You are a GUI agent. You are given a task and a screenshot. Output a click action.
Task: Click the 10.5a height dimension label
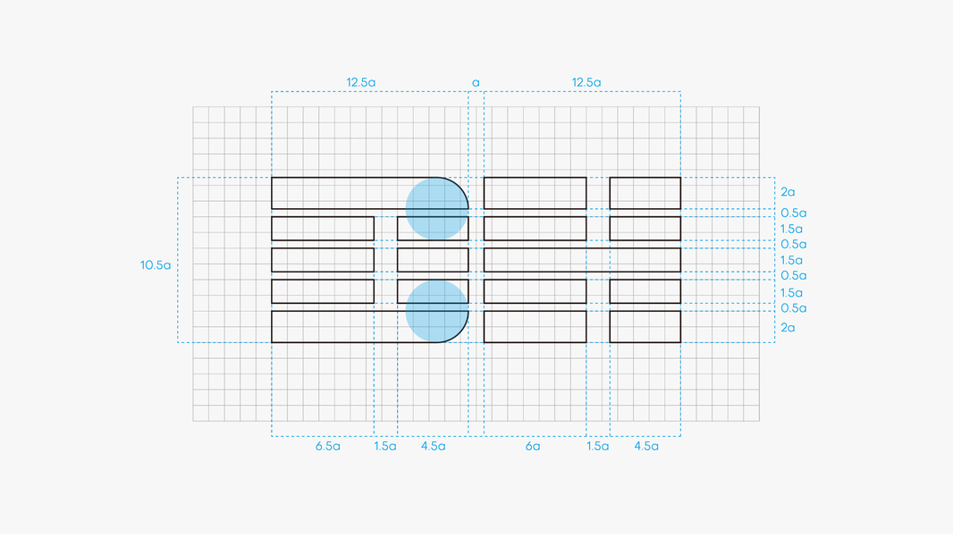(155, 265)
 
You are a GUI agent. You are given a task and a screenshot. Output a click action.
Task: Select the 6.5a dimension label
(327, 446)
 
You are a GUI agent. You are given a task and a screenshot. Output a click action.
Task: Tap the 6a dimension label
(533, 446)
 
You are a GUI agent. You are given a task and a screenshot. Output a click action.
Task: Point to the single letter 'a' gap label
(476, 83)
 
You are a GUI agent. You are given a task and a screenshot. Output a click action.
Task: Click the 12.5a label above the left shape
(361, 83)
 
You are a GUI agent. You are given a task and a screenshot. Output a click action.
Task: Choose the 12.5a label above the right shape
(586, 83)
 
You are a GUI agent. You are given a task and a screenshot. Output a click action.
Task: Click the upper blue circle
(437, 209)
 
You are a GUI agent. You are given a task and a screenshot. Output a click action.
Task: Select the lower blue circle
(437, 311)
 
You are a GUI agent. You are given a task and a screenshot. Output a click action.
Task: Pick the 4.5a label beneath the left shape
(433, 446)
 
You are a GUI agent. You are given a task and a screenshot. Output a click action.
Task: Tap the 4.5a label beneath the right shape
(645, 446)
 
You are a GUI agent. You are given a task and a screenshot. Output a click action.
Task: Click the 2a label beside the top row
(788, 192)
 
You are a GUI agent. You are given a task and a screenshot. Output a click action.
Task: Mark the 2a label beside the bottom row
(788, 328)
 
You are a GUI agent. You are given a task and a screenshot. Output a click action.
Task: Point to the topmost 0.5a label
(793, 214)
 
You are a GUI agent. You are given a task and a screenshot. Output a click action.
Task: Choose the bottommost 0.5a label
(793, 308)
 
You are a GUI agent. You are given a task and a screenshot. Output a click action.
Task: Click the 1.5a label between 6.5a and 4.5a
(385, 446)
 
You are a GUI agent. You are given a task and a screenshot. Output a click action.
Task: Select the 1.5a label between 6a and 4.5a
(598, 446)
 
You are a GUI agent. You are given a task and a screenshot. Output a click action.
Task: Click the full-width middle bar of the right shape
(582, 260)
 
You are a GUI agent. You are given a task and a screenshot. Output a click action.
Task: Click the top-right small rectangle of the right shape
(645, 193)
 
